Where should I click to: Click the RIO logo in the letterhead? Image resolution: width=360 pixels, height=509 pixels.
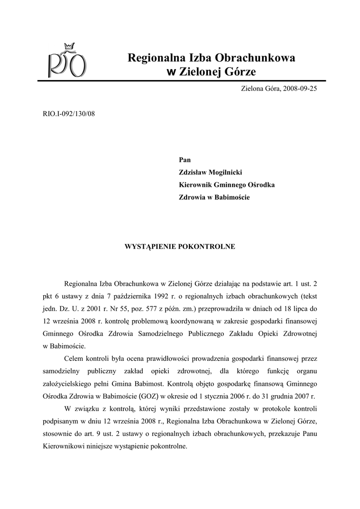point(67,64)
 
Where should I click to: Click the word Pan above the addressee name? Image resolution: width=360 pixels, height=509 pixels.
point(184,160)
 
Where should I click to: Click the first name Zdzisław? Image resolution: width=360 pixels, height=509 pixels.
point(195,172)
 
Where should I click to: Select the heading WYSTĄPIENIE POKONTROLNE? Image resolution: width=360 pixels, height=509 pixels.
point(180,246)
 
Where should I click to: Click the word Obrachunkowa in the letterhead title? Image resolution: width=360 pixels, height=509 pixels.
point(255,58)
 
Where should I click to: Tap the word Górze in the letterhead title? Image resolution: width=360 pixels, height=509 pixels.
point(239,72)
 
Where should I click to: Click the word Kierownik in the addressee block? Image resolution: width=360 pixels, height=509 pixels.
point(197,185)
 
